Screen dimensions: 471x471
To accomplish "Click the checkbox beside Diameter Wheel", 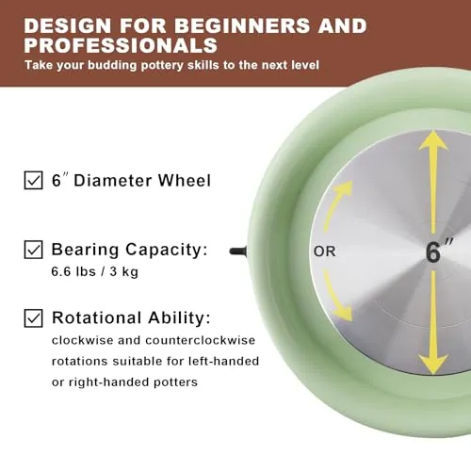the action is (x=33, y=180).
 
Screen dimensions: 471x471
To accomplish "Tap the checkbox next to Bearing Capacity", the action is (x=33, y=250).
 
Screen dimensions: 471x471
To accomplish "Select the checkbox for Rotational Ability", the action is (x=33, y=318).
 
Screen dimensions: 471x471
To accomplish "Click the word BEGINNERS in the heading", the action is (x=242, y=25).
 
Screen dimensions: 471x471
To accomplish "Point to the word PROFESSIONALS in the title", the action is (x=121, y=45).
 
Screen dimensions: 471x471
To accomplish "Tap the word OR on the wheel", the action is (x=324, y=252).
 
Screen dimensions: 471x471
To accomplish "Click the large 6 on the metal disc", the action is (x=433, y=252).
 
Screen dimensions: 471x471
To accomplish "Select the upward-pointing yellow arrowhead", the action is (x=433, y=140).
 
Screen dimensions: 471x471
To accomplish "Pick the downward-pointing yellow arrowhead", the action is (x=433, y=365).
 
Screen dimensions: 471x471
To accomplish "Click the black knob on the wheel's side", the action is (x=238, y=252).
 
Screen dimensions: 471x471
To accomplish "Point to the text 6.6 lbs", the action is (x=73, y=271).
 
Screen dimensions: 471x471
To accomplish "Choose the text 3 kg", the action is (x=123, y=272).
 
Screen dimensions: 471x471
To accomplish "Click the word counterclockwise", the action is (x=201, y=340).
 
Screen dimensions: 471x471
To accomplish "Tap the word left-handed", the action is (x=223, y=361).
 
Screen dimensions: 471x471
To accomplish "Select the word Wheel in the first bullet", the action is (x=184, y=181).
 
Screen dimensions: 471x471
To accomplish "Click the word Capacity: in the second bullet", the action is (x=167, y=251).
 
